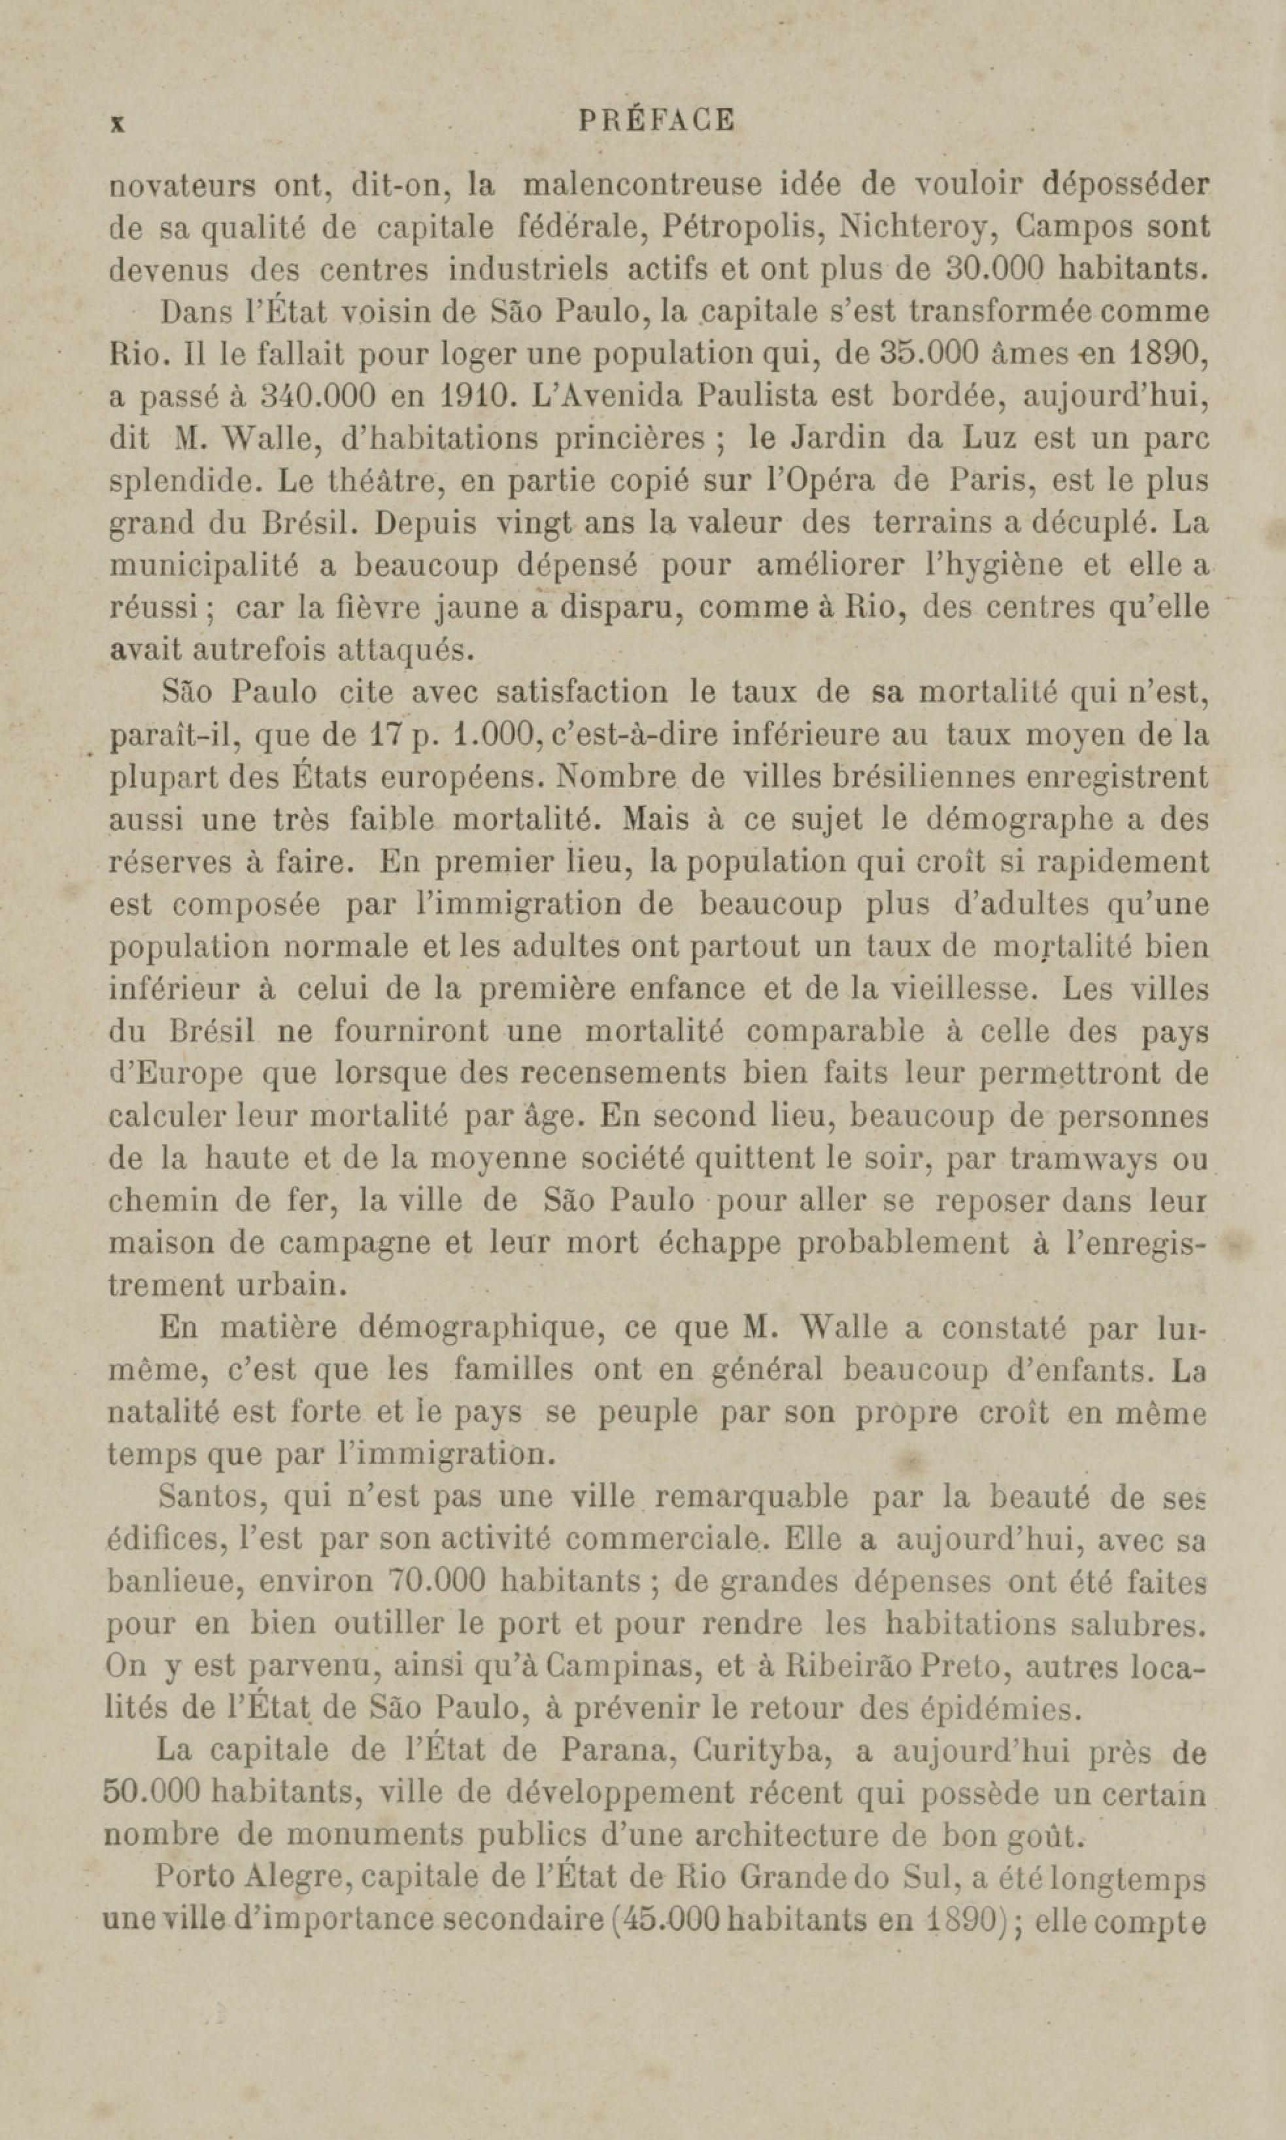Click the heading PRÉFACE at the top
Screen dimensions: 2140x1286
tap(656, 120)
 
